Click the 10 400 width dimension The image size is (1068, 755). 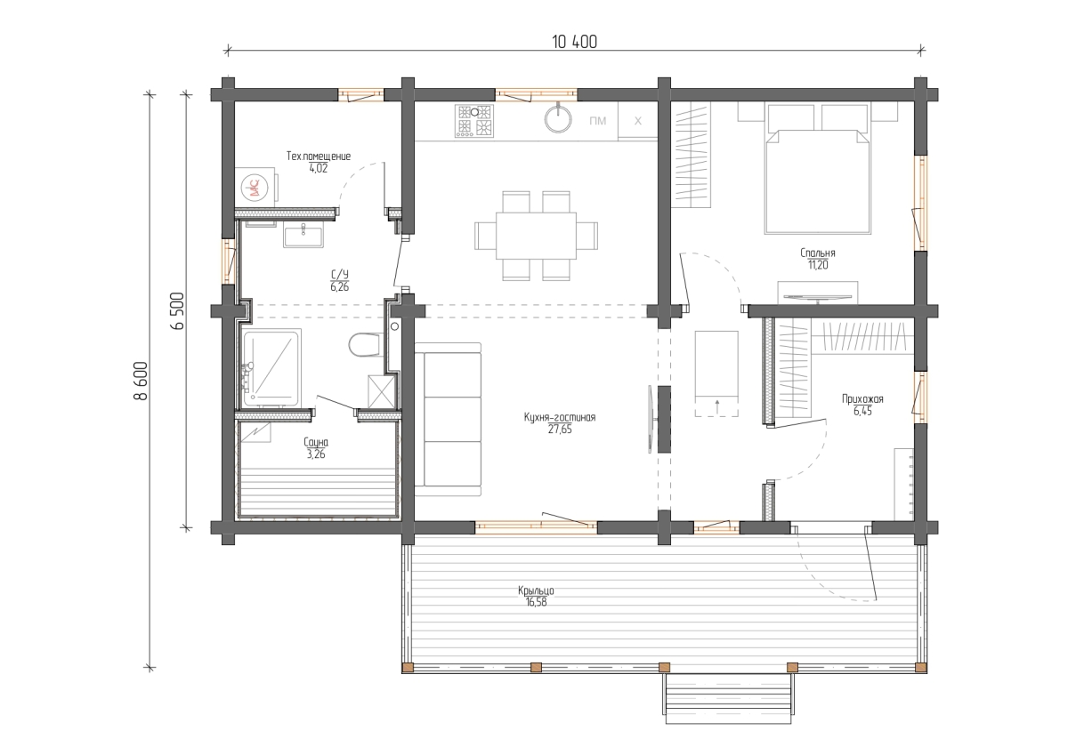pyautogui.click(x=575, y=42)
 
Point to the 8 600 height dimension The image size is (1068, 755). pyautogui.click(x=142, y=382)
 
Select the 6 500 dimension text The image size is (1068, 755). pyautogui.click(x=177, y=311)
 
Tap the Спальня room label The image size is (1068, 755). pyautogui.click(x=818, y=253)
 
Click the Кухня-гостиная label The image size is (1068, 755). pyautogui.click(x=560, y=417)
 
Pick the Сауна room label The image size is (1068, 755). pyautogui.click(x=316, y=443)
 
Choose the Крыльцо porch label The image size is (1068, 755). pyautogui.click(x=536, y=591)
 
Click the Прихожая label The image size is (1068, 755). pyautogui.click(x=862, y=399)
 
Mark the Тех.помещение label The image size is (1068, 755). pyautogui.click(x=319, y=157)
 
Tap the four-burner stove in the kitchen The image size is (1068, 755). pyautogui.click(x=474, y=121)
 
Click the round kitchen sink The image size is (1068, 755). pyautogui.click(x=558, y=118)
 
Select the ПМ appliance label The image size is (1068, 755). pyautogui.click(x=598, y=121)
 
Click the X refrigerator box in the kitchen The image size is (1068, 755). pyautogui.click(x=637, y=121)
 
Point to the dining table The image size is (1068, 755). pyautogui.click(x=536, y=236)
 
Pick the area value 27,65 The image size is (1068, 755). pyautogui.click(x=560, y=430)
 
